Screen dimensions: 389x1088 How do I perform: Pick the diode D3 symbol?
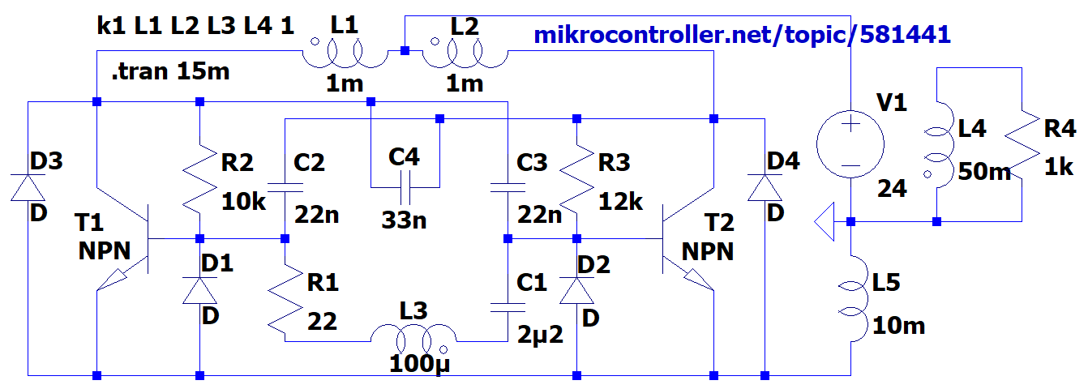pyautogui.click(x=28, y=186)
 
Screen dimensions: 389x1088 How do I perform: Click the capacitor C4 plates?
pyautogui.click(x=403, y=188)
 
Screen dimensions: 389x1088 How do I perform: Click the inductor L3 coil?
pyautogui.click(x=413, y=334)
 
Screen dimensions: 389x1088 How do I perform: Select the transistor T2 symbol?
pyautogui.click(x=681, y=239)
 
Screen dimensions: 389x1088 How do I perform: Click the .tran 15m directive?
pyautogui.click(x=170, y=72)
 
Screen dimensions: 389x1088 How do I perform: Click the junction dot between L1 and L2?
pyautogui.click(x=405, y=52)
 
